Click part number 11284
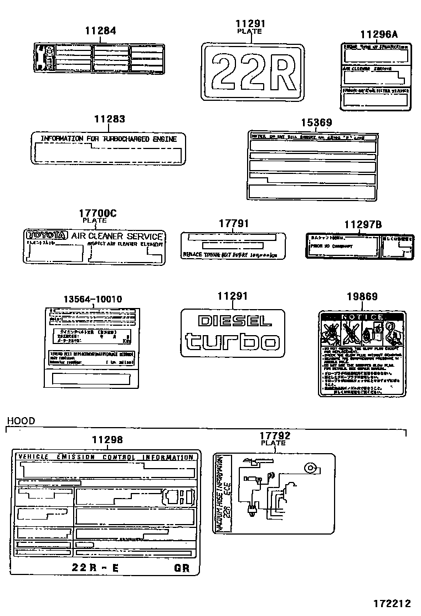[100, 31]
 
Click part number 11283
[109, 119]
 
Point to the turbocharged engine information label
[108, 147]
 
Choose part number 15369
[316, 123]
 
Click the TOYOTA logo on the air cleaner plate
[47, 235]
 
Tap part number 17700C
[97, 213]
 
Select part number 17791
[233, 223]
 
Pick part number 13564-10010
[93, 299]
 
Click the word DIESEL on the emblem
[235, 321]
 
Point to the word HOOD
[20, 421]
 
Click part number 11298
[107, 440]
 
